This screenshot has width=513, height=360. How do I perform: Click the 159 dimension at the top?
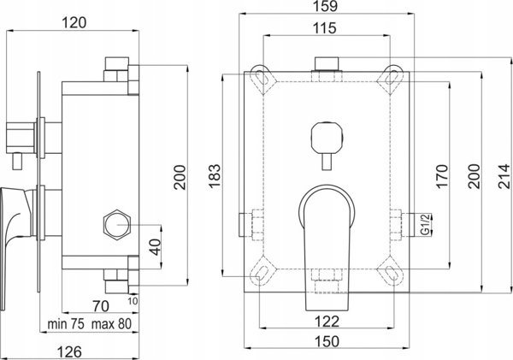point(327,6)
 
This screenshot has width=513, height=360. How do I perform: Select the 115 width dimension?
point(324,28)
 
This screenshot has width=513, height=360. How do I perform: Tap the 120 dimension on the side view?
point(74,23)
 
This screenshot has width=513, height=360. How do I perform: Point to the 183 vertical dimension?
point(215,176)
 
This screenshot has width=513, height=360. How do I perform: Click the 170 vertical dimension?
point(442,176)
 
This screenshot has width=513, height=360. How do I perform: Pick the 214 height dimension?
point(504,176)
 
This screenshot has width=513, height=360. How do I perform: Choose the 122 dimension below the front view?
point(327,322)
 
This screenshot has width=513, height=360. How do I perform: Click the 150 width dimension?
point(327,341)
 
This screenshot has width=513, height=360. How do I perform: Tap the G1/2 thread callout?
point(425,224)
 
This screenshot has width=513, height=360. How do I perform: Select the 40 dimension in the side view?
point(156,247)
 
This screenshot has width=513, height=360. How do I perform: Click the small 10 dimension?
point(133,301)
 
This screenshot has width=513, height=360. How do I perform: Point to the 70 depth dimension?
point(101,306)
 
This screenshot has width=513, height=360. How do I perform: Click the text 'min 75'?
point(66,324)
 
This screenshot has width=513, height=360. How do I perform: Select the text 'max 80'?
point(111,324)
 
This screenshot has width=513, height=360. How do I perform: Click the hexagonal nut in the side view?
point(117,225)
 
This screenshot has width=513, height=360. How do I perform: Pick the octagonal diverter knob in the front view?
point(327,137)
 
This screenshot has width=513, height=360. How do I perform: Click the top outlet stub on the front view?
point(327,64)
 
